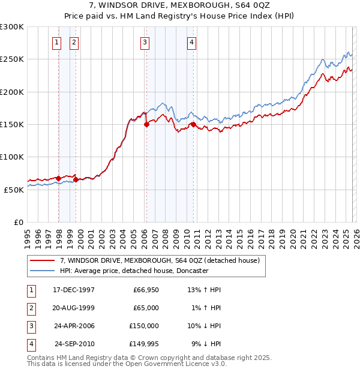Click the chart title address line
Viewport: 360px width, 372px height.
[180, 5]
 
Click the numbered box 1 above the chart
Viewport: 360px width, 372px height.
[56, 42]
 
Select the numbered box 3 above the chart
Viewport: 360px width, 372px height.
[145, 42]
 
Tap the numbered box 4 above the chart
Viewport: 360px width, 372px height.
[191, 42]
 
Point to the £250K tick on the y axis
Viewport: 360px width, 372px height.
[12, 59]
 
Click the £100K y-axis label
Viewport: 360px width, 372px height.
[12, 157]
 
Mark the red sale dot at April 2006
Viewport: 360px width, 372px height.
[146, 125]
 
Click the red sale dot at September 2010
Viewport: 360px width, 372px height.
[193, 125]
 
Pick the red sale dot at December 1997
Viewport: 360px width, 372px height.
[59, 178]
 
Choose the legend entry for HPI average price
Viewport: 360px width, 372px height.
[133, 271]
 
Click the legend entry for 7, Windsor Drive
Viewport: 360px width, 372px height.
[159, 260]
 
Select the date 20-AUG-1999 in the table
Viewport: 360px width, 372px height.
[74, 307]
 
